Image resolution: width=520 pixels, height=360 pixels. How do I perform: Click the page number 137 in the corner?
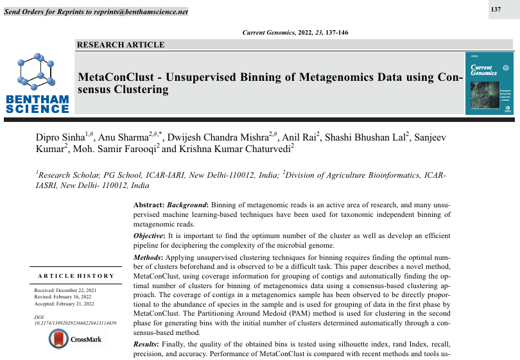496,9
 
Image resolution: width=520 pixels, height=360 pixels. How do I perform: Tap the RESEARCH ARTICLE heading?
121,45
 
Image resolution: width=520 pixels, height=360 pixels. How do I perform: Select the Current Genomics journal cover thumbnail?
489,83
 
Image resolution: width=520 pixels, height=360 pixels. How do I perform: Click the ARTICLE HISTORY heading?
76,276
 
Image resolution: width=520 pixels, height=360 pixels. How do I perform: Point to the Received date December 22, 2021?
65,291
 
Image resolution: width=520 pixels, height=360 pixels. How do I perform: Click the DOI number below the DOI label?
75,322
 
